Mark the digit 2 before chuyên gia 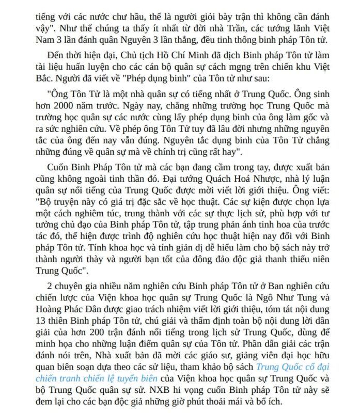pyautogui.click(x=49, y=286)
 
